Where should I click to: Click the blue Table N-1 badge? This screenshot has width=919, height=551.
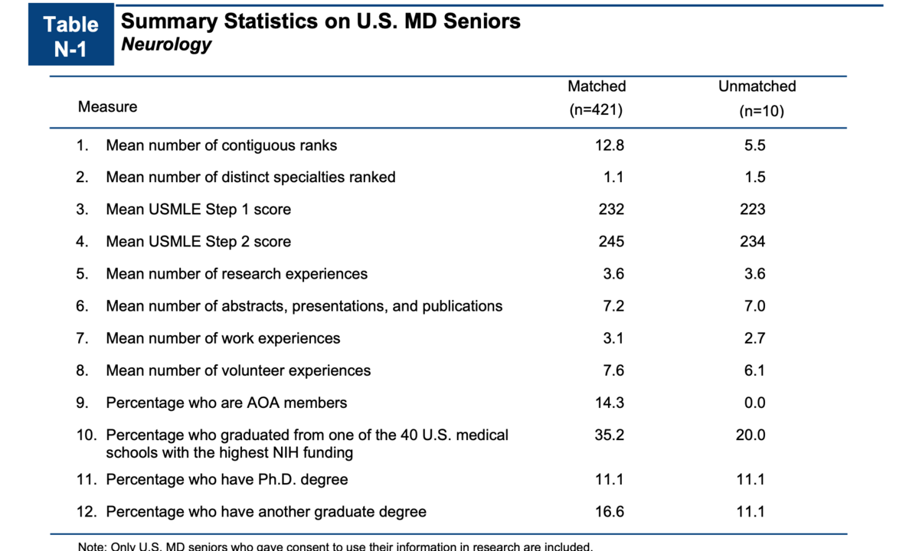click(71, 36)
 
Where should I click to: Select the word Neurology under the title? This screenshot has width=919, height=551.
click(166, 44)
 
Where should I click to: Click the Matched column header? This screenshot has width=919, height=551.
click(597, 86)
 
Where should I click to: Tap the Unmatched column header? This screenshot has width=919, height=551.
click(757, 86)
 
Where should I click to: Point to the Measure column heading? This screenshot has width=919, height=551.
click(107, 107)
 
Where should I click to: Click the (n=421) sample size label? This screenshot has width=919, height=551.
click(597, 110)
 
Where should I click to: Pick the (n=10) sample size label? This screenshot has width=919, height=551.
click(761, 111)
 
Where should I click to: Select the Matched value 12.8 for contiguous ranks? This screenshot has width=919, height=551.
click(610, 145)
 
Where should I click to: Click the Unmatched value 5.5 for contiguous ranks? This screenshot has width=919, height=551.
click(754, 145)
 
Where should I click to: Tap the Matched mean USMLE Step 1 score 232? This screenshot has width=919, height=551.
click(611, 210)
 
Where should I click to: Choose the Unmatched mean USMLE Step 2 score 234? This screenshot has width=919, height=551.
click(753, 242)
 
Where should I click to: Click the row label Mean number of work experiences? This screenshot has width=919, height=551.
click(223, 338)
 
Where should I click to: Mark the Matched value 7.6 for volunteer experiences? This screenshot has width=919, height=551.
click(613, 370)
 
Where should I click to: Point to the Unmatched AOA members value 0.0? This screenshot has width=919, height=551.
click(754, 403)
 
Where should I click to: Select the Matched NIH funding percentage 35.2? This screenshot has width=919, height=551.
click(610, 435)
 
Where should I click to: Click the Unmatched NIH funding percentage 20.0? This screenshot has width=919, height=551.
click(751, 435)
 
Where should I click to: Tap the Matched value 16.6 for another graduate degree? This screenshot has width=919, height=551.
click(610, 511)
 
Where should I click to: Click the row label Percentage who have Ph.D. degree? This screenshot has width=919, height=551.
click(227, 480)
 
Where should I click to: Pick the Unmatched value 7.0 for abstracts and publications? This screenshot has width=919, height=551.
click(754, 306)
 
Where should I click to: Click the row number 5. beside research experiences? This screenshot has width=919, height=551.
click(83, 274)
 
